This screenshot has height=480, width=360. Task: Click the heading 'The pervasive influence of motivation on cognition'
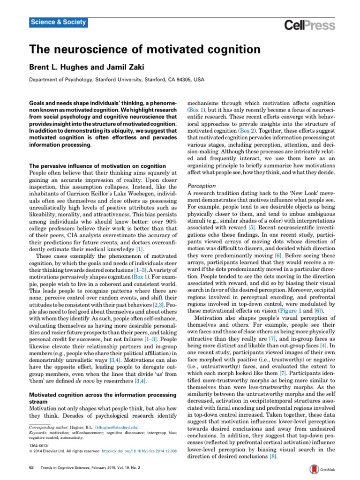[x=97, y=166]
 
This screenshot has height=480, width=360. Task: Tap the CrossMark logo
[x=321, y=470]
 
